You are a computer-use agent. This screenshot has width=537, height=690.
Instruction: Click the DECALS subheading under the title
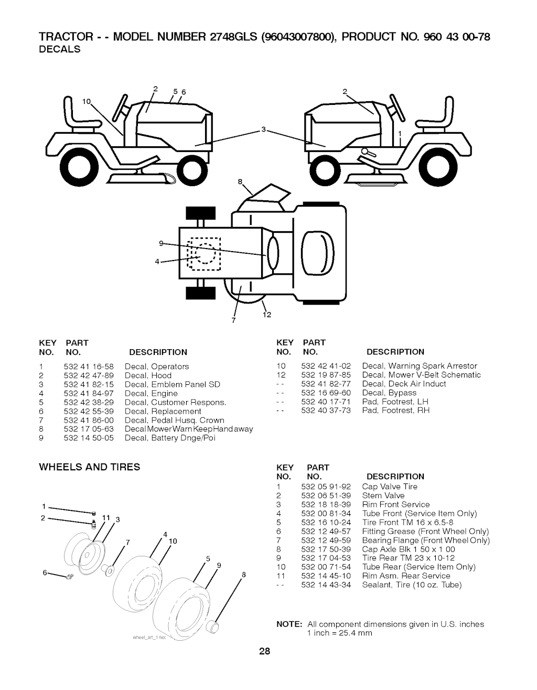[60, 49]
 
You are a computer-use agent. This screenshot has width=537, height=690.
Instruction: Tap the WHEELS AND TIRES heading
[90, 467]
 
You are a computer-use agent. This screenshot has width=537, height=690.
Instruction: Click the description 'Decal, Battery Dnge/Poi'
[170, 438]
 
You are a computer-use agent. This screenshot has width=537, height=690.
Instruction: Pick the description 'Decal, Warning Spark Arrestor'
[420, 366]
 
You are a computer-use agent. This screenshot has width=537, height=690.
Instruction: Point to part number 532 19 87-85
[326, 375]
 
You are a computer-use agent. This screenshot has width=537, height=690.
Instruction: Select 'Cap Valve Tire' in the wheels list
[390, 487]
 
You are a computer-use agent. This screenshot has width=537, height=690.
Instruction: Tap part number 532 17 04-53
[326, 558]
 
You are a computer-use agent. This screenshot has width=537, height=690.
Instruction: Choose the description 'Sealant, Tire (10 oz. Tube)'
[412, 585]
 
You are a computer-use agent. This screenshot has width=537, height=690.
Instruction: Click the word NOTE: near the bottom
[289, 624]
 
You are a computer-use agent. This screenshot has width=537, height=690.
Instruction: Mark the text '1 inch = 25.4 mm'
[339, 633]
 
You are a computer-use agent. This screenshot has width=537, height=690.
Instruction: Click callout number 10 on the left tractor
[87, 101]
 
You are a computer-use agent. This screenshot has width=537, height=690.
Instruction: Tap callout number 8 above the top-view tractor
[240, 182]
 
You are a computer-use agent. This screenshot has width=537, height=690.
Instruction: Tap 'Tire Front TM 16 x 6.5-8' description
[407, 522]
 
